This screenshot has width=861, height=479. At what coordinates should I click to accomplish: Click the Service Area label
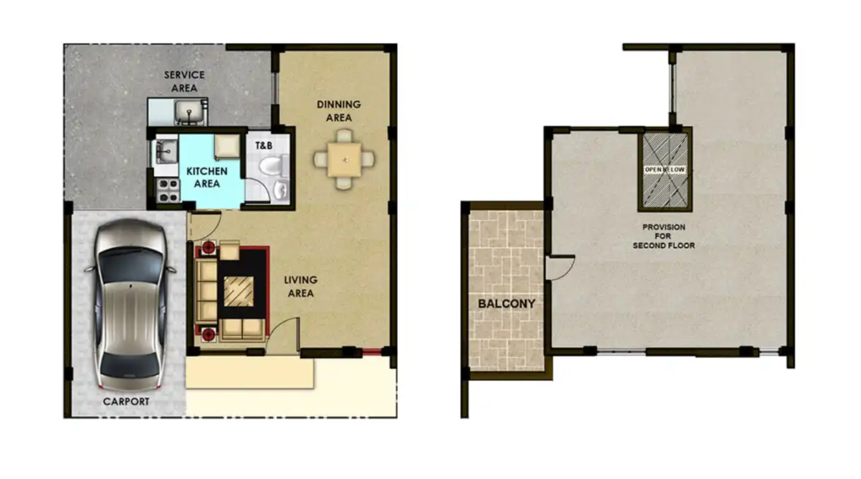pos(184,82)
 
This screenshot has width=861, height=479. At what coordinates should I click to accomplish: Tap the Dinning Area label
pos(339,111)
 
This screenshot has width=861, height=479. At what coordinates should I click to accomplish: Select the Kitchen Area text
pos(207,177)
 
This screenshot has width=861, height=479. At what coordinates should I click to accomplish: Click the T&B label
pos(263,145)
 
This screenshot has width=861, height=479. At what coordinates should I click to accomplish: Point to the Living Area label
pos(300,287)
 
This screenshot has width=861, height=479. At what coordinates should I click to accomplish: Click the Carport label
pos(126,402)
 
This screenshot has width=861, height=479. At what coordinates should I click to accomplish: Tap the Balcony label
pos(506,303)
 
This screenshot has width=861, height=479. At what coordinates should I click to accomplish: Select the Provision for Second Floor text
pos(663,236)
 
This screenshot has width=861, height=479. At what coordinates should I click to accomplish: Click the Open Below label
pos(664,170)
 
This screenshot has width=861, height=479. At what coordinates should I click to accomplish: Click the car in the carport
pos(130,304)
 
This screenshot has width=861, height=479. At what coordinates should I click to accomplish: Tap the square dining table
pos(344,160)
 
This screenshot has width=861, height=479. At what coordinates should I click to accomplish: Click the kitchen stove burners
pos(167,190)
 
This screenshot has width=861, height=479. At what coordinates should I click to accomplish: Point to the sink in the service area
pos(189,113)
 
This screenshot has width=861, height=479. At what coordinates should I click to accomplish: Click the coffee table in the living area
pos(239,291)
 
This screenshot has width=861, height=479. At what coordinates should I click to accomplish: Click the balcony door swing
pos(561,267)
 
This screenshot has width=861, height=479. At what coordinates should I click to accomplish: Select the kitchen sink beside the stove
pos(166,151)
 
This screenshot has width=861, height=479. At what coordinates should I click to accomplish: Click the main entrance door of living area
pos(284,334)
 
